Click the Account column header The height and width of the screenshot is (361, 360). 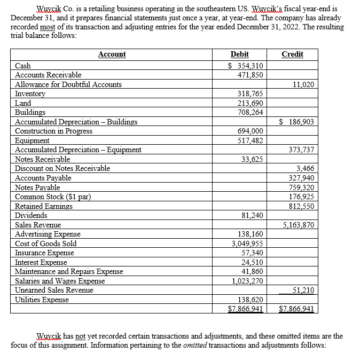coord(112,54)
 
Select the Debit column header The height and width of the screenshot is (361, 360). coord(239,54)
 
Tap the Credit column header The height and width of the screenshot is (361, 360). coord(292,54)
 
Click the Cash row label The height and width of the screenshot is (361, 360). coord(23,66)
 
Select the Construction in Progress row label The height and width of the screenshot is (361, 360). coord(53,131)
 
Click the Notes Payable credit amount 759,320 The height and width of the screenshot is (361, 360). coord(302,187)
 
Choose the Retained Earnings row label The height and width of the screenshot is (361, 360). coord(44,206)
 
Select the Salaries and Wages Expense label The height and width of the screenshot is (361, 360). coord(60,281)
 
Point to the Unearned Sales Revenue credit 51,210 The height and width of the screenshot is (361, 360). coord(304,290)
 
